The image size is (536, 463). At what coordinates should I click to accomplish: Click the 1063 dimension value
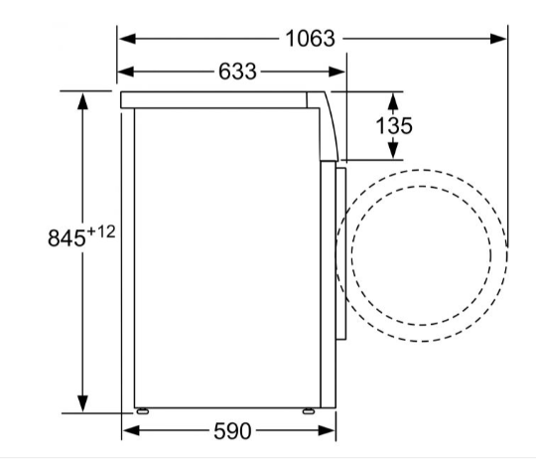click(310, 38)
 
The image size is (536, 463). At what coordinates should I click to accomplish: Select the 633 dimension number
click(237, 72)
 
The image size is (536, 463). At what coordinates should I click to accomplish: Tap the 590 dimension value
click(232, 431)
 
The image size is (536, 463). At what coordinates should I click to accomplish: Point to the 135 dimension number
click(394, 125)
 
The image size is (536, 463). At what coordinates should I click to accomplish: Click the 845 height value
click(67, 237)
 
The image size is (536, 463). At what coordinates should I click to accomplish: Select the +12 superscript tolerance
click(101, 232)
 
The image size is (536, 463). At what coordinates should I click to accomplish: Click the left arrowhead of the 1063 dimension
click(127, 39)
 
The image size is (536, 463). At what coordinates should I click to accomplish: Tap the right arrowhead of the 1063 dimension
click(497, 39)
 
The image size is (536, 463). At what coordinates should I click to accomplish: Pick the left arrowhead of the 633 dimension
click(125, 72)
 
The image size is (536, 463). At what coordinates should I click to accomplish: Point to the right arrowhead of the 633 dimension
click(336, 72)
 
